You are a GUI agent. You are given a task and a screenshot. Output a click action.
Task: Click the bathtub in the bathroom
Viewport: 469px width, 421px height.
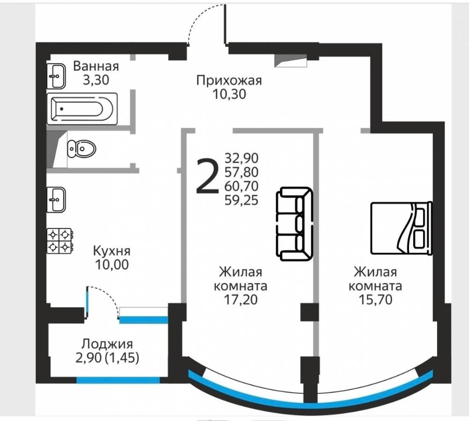tap(82, 108)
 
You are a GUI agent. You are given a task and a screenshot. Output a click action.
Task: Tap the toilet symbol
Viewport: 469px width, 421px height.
tap(81, 148)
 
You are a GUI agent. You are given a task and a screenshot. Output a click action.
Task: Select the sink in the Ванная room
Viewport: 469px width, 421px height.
tap(56, 76)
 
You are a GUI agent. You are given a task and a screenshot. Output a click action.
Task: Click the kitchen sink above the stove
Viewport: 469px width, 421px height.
tap(56, 199)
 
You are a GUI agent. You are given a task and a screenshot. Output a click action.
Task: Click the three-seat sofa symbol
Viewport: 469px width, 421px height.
tap(294, 224)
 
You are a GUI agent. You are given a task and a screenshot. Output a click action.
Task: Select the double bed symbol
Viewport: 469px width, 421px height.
tap(401, 228)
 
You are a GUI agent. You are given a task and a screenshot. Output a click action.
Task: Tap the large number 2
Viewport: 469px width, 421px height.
tap(207, 177)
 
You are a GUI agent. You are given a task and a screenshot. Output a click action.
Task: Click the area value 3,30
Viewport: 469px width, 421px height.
tap(96, 80)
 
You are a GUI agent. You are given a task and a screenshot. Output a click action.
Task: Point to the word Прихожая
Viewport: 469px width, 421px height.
tap(229, 81)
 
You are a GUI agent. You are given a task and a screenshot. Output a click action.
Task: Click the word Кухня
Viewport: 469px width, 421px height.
tap(112, 251)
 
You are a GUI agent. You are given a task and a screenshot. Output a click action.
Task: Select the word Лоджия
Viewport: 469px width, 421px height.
tap(107, 344)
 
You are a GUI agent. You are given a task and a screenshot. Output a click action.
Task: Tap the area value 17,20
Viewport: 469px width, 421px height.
tap(241, 300)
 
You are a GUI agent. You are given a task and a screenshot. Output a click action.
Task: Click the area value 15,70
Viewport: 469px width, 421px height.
tap(375, 300)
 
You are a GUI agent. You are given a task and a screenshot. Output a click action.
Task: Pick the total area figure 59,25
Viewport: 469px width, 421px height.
tap(242, 200)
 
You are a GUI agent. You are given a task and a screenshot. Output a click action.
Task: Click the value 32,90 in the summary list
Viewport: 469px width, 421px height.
tap(242, 158)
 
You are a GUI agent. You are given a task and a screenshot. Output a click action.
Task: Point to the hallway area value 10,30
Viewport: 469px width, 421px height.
tap(229, 94)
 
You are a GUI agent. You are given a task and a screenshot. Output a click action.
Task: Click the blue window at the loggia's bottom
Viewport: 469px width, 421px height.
tap(118, 380)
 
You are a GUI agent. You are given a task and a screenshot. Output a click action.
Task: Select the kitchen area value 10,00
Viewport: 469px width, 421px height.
tap(112, 264)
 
